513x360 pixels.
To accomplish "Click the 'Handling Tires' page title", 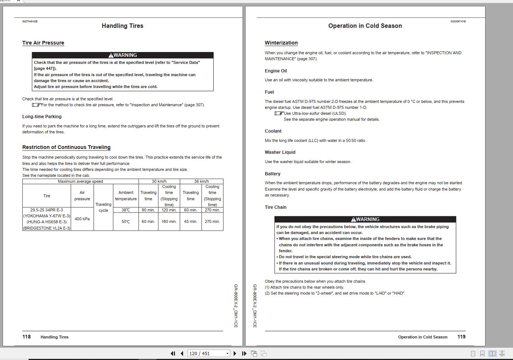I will point(122,26).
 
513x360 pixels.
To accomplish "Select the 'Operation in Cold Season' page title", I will point(365,26).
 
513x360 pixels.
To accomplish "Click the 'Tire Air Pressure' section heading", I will point(43,43).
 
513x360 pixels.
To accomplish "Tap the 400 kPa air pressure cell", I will point(82,219).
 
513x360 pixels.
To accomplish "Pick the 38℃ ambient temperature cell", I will point(126,210).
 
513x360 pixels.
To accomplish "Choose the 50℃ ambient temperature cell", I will point(126,221).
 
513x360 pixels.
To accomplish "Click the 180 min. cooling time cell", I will point(169,221).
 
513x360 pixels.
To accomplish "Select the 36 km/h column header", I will point(201,181).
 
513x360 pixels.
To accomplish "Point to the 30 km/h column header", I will point(159,181).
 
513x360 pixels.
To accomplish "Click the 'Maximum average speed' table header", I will point(80,181).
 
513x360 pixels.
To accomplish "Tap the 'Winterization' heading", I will point(281,43).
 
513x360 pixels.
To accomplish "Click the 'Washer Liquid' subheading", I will point(280,152).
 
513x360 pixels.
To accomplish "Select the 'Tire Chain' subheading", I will point(275,207).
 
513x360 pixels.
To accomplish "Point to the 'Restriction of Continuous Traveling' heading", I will point(66,147).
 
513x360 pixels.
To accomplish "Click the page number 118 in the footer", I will point(26,337).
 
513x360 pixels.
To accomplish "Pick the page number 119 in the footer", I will point(461,337).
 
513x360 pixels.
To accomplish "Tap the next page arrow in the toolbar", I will point(235,353).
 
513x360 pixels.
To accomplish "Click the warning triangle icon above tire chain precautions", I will point(353,220).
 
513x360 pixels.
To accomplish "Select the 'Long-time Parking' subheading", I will point(42,117).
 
